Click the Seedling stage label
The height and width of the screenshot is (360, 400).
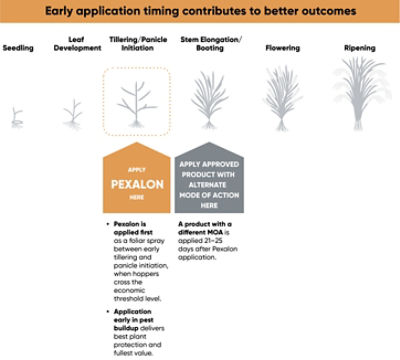point(18,48)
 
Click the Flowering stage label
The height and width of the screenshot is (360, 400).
point(282,48)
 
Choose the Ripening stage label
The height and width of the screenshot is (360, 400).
point(359,48)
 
